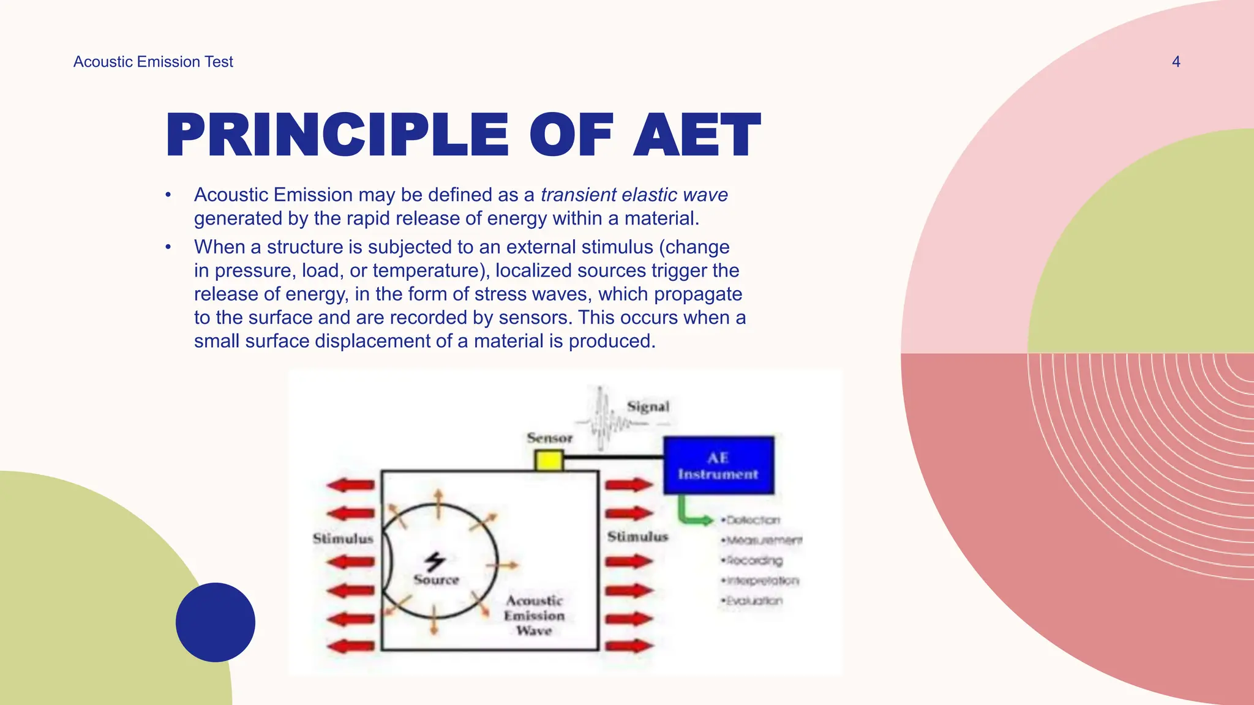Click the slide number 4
[x=1176, y=62]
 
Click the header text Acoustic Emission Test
[x=153, y=62]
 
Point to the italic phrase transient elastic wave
[x=634, y=195]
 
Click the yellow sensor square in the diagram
[x=549, y=460]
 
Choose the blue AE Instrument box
[x=718, y=466]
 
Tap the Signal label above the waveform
[x=648, y=407]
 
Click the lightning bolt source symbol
[x=435, y=561]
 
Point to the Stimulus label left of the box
[x=343, y=539]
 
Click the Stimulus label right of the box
[x=637, y=537]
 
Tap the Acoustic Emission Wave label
[x=534, y=616]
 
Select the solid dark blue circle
[x=215, y=622]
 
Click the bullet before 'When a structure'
[x=168, y=247]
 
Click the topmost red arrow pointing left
[x=350, y=485]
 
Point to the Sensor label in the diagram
[x=549, y=438]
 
